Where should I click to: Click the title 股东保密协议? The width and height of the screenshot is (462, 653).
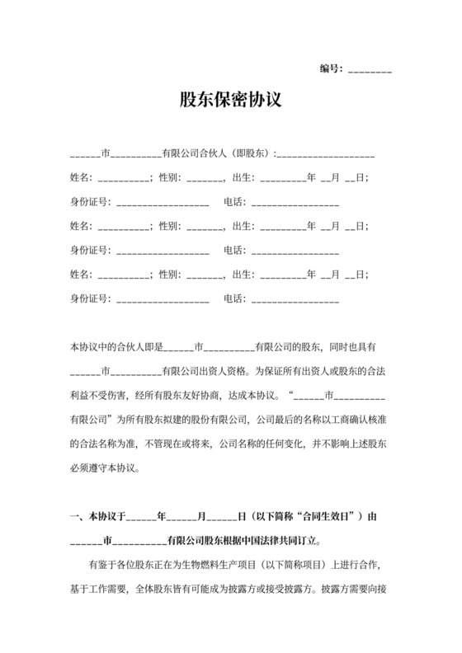[x=231, y=100]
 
